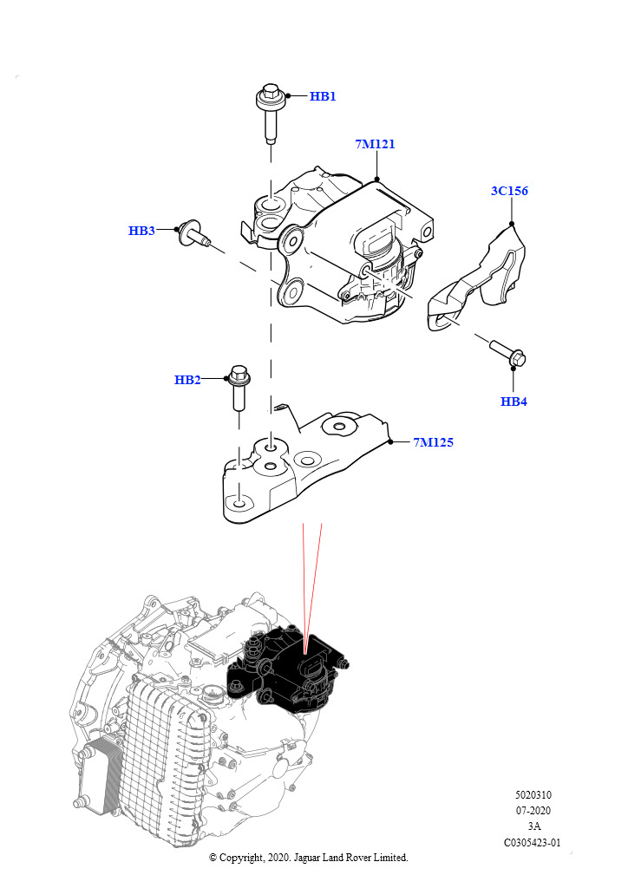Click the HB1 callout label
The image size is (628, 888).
(x=323, y=96)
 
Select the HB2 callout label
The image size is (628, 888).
(x=187, y=380)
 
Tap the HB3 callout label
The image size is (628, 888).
(x=141, y=231)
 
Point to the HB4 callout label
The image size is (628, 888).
(x=514, y=402)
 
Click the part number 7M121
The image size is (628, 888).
(x=375, y=144)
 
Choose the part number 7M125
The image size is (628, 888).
(x=433, y=442)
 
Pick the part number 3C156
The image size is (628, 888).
(x=509, y=191)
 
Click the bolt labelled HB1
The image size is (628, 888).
(x=270, y=113)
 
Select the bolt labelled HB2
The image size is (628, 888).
(x=239, y=389)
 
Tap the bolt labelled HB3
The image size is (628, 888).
(x=193, y=234)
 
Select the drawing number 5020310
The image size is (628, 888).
(x=533, y=794)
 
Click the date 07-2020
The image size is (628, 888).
(x=533, y=811)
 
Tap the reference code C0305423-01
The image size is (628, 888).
(x=533, y=842)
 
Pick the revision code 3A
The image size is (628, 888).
(x=533, y=826)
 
